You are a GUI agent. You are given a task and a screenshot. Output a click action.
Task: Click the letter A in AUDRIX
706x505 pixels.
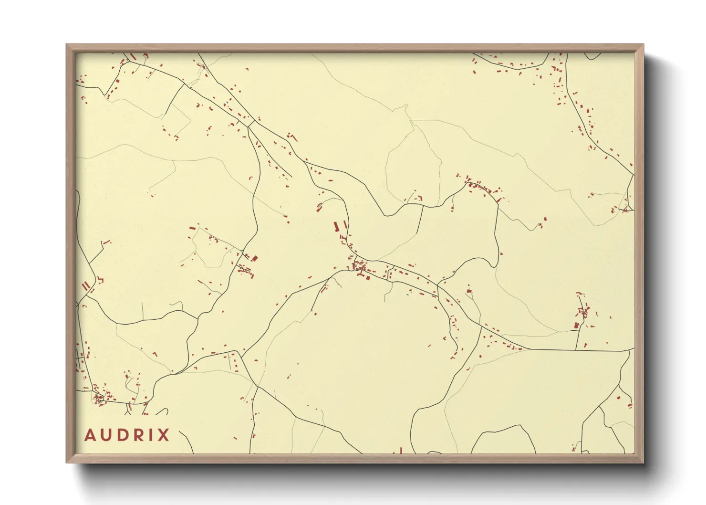coord(89,435)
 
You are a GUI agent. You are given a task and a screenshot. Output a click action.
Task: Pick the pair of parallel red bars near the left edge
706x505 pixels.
coord(86,286)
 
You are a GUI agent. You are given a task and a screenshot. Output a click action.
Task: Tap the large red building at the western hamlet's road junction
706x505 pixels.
coord(255,258)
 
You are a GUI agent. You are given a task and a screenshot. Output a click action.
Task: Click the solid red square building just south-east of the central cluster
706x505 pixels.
coord(368,277)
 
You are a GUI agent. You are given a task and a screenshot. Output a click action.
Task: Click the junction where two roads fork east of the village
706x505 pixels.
coord(437,285)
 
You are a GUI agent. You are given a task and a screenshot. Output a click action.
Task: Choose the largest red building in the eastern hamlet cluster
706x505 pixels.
coord(576,326)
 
